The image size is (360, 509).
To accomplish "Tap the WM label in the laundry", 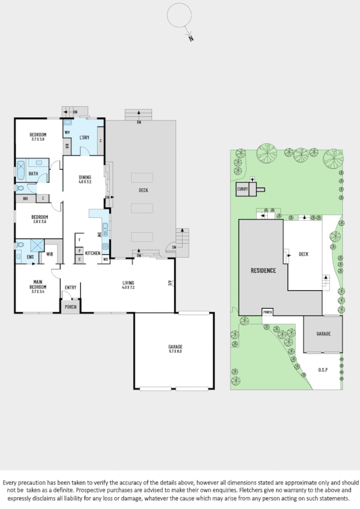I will click(68, 132).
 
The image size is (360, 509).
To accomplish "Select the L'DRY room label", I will click(84, 138).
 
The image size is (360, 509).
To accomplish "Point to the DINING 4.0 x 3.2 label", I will click(84, 179).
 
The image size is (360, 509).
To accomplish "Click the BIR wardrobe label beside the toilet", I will click(26, 198).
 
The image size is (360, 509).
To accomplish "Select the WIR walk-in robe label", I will click(51, 254).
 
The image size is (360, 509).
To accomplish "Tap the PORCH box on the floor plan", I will click(71, 307).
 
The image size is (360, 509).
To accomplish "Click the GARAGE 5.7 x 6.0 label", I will click(175, 348).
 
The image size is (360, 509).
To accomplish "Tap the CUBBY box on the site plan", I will click(242, 189).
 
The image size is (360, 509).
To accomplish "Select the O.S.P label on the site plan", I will click(323, 370).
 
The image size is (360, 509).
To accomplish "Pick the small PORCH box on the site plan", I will click(268, 312).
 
